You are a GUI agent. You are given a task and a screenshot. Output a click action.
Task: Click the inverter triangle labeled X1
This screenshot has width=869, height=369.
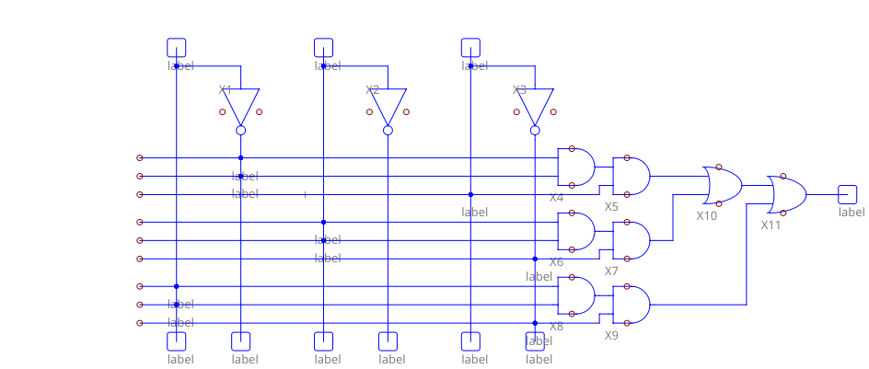point(241,105)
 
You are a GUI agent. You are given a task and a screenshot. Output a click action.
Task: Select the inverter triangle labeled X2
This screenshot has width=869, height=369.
point(388,105)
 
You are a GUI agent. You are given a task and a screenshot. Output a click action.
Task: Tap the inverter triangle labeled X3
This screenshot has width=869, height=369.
point(536,105)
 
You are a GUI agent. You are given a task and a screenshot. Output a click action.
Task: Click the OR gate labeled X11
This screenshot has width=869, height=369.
point(787,194)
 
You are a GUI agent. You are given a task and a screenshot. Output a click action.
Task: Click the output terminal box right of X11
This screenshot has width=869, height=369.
point(848,194)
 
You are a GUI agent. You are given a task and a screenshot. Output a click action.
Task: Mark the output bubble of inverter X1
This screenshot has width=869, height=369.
point(241,131)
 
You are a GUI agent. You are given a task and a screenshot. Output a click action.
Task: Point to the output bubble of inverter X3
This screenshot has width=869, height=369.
point(536,131)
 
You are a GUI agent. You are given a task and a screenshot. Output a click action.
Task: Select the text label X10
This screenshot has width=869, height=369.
point(706,215)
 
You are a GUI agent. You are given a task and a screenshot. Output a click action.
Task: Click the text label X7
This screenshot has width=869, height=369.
point(611,271)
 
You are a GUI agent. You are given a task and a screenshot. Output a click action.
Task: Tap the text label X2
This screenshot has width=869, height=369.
point(372,90)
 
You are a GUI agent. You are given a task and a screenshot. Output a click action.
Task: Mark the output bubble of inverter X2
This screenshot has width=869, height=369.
point(388,131)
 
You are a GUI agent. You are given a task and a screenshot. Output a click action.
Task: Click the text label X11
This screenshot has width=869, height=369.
point(771,225)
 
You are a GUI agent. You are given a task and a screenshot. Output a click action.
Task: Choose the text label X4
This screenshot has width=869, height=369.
point(556,197)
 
